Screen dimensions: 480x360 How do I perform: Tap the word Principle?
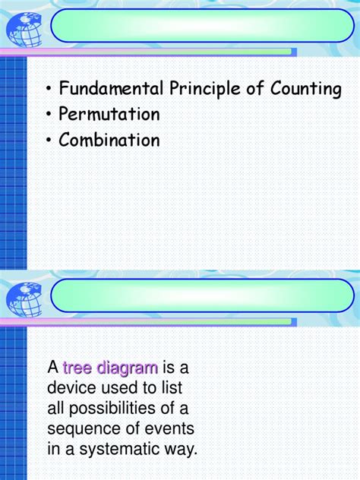204,90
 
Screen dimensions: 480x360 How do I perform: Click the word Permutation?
110,115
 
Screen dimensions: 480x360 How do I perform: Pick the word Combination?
110,141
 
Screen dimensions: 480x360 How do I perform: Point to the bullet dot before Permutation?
49,115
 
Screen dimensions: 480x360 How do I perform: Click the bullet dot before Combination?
49,141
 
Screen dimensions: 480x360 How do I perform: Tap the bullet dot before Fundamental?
49,90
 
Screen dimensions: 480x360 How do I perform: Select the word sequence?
80,429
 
